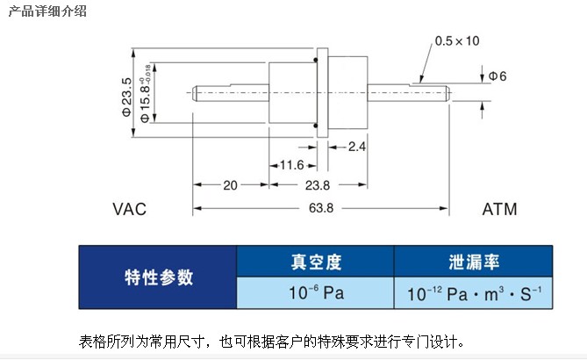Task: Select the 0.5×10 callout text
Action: (458, 41)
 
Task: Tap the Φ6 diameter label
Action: (498, 77)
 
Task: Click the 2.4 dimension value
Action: (357, 146)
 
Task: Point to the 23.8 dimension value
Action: (316, 185)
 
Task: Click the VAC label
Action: (129, 210)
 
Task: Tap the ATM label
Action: (499, 210)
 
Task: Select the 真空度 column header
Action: (316, 262)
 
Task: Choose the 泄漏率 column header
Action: (473, 262)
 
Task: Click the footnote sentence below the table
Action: (272, 341)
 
